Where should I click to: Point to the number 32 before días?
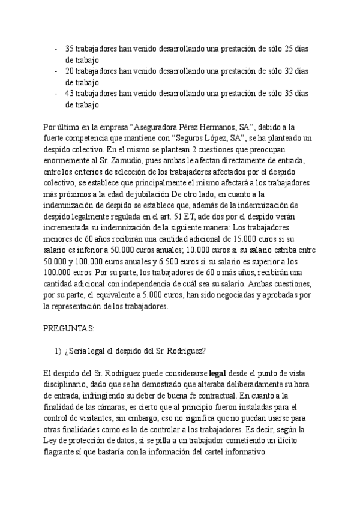coord(290,71)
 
